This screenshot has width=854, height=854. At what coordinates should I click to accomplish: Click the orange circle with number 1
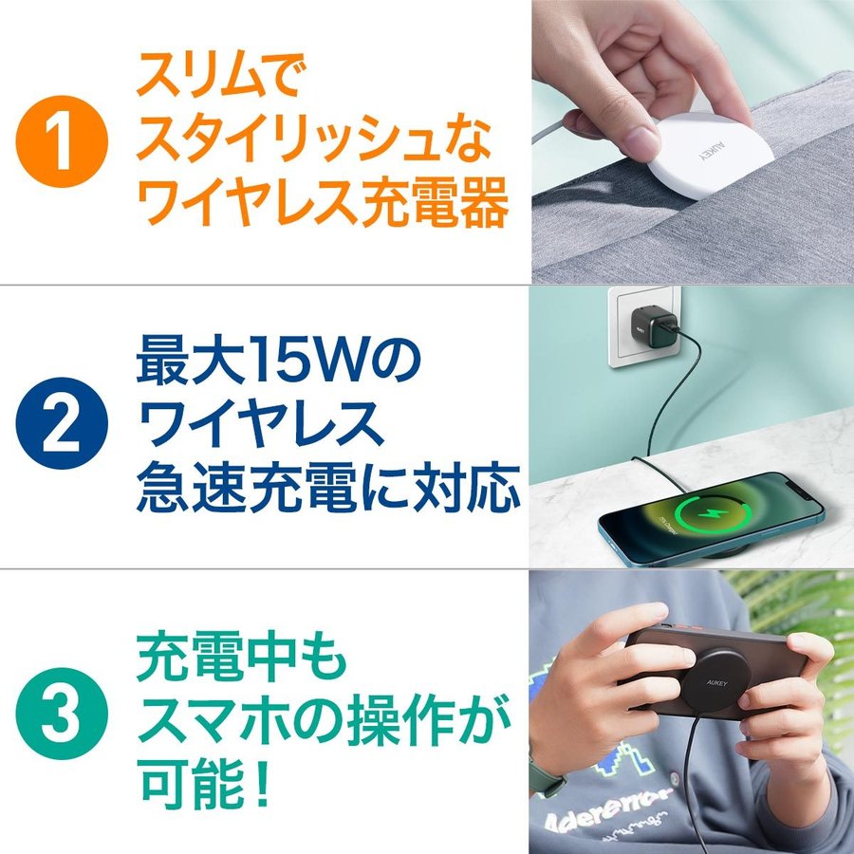(62, 141)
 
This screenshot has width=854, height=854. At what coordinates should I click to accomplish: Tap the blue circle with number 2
(62, 423)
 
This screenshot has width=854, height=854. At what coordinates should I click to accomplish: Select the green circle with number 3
(62, 714)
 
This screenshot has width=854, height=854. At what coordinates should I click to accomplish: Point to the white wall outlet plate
(643, 326)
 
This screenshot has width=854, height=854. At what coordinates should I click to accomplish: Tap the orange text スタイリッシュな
(314, 138)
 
